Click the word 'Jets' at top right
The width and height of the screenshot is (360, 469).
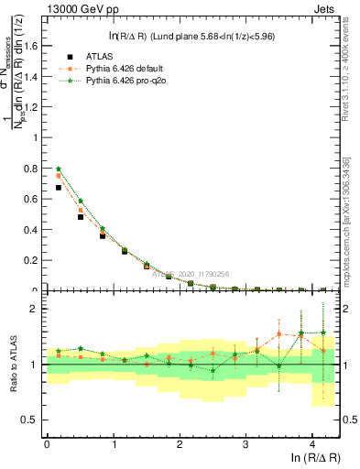(x=324, y=9)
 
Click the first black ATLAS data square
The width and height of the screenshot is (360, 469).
(x=59, y=188)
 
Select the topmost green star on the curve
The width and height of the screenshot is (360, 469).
(x=59, y=169)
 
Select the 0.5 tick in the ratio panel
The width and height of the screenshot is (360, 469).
(x=34, y=420)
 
